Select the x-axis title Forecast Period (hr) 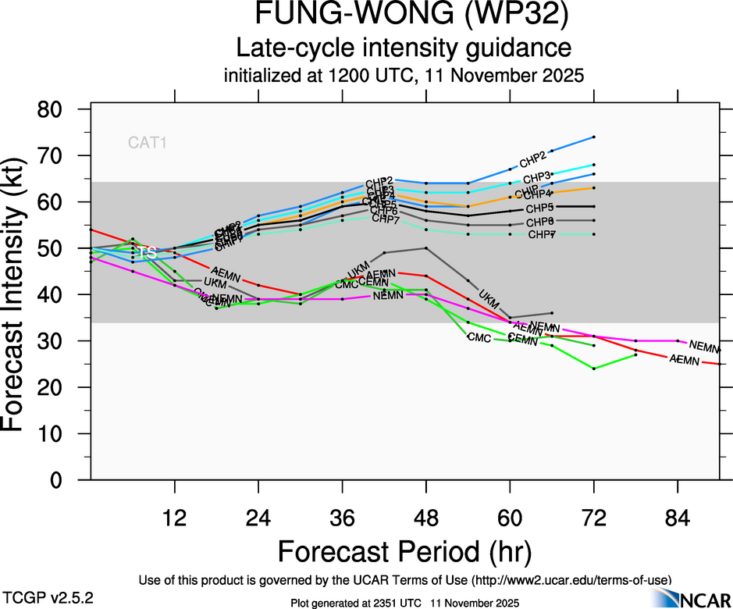pyautogui.click(x=404, y=551)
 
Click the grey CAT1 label pyautogui.click(x=148, y=142)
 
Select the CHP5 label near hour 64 pyautogui.click(x=539, y=208)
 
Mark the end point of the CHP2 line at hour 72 pyautogui.click(x=594, y=137)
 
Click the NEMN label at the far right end pyautogui.click(x=705, y=346)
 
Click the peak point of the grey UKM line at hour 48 pyautogui.click(x=425, y=248)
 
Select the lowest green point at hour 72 pyautogui.click(x=594, y=369)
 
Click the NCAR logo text pyautogui.click(x=702, y=599)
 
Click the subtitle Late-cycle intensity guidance pyautogui.click(x=404, y=48)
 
